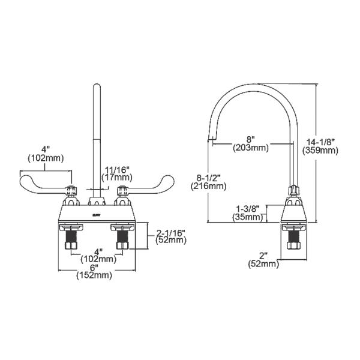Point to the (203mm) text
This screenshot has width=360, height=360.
point(251,147)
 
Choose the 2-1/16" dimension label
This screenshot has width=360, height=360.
point(170,231)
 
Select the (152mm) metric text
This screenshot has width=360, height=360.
point(94,275)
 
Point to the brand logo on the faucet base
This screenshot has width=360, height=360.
point(94,212)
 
